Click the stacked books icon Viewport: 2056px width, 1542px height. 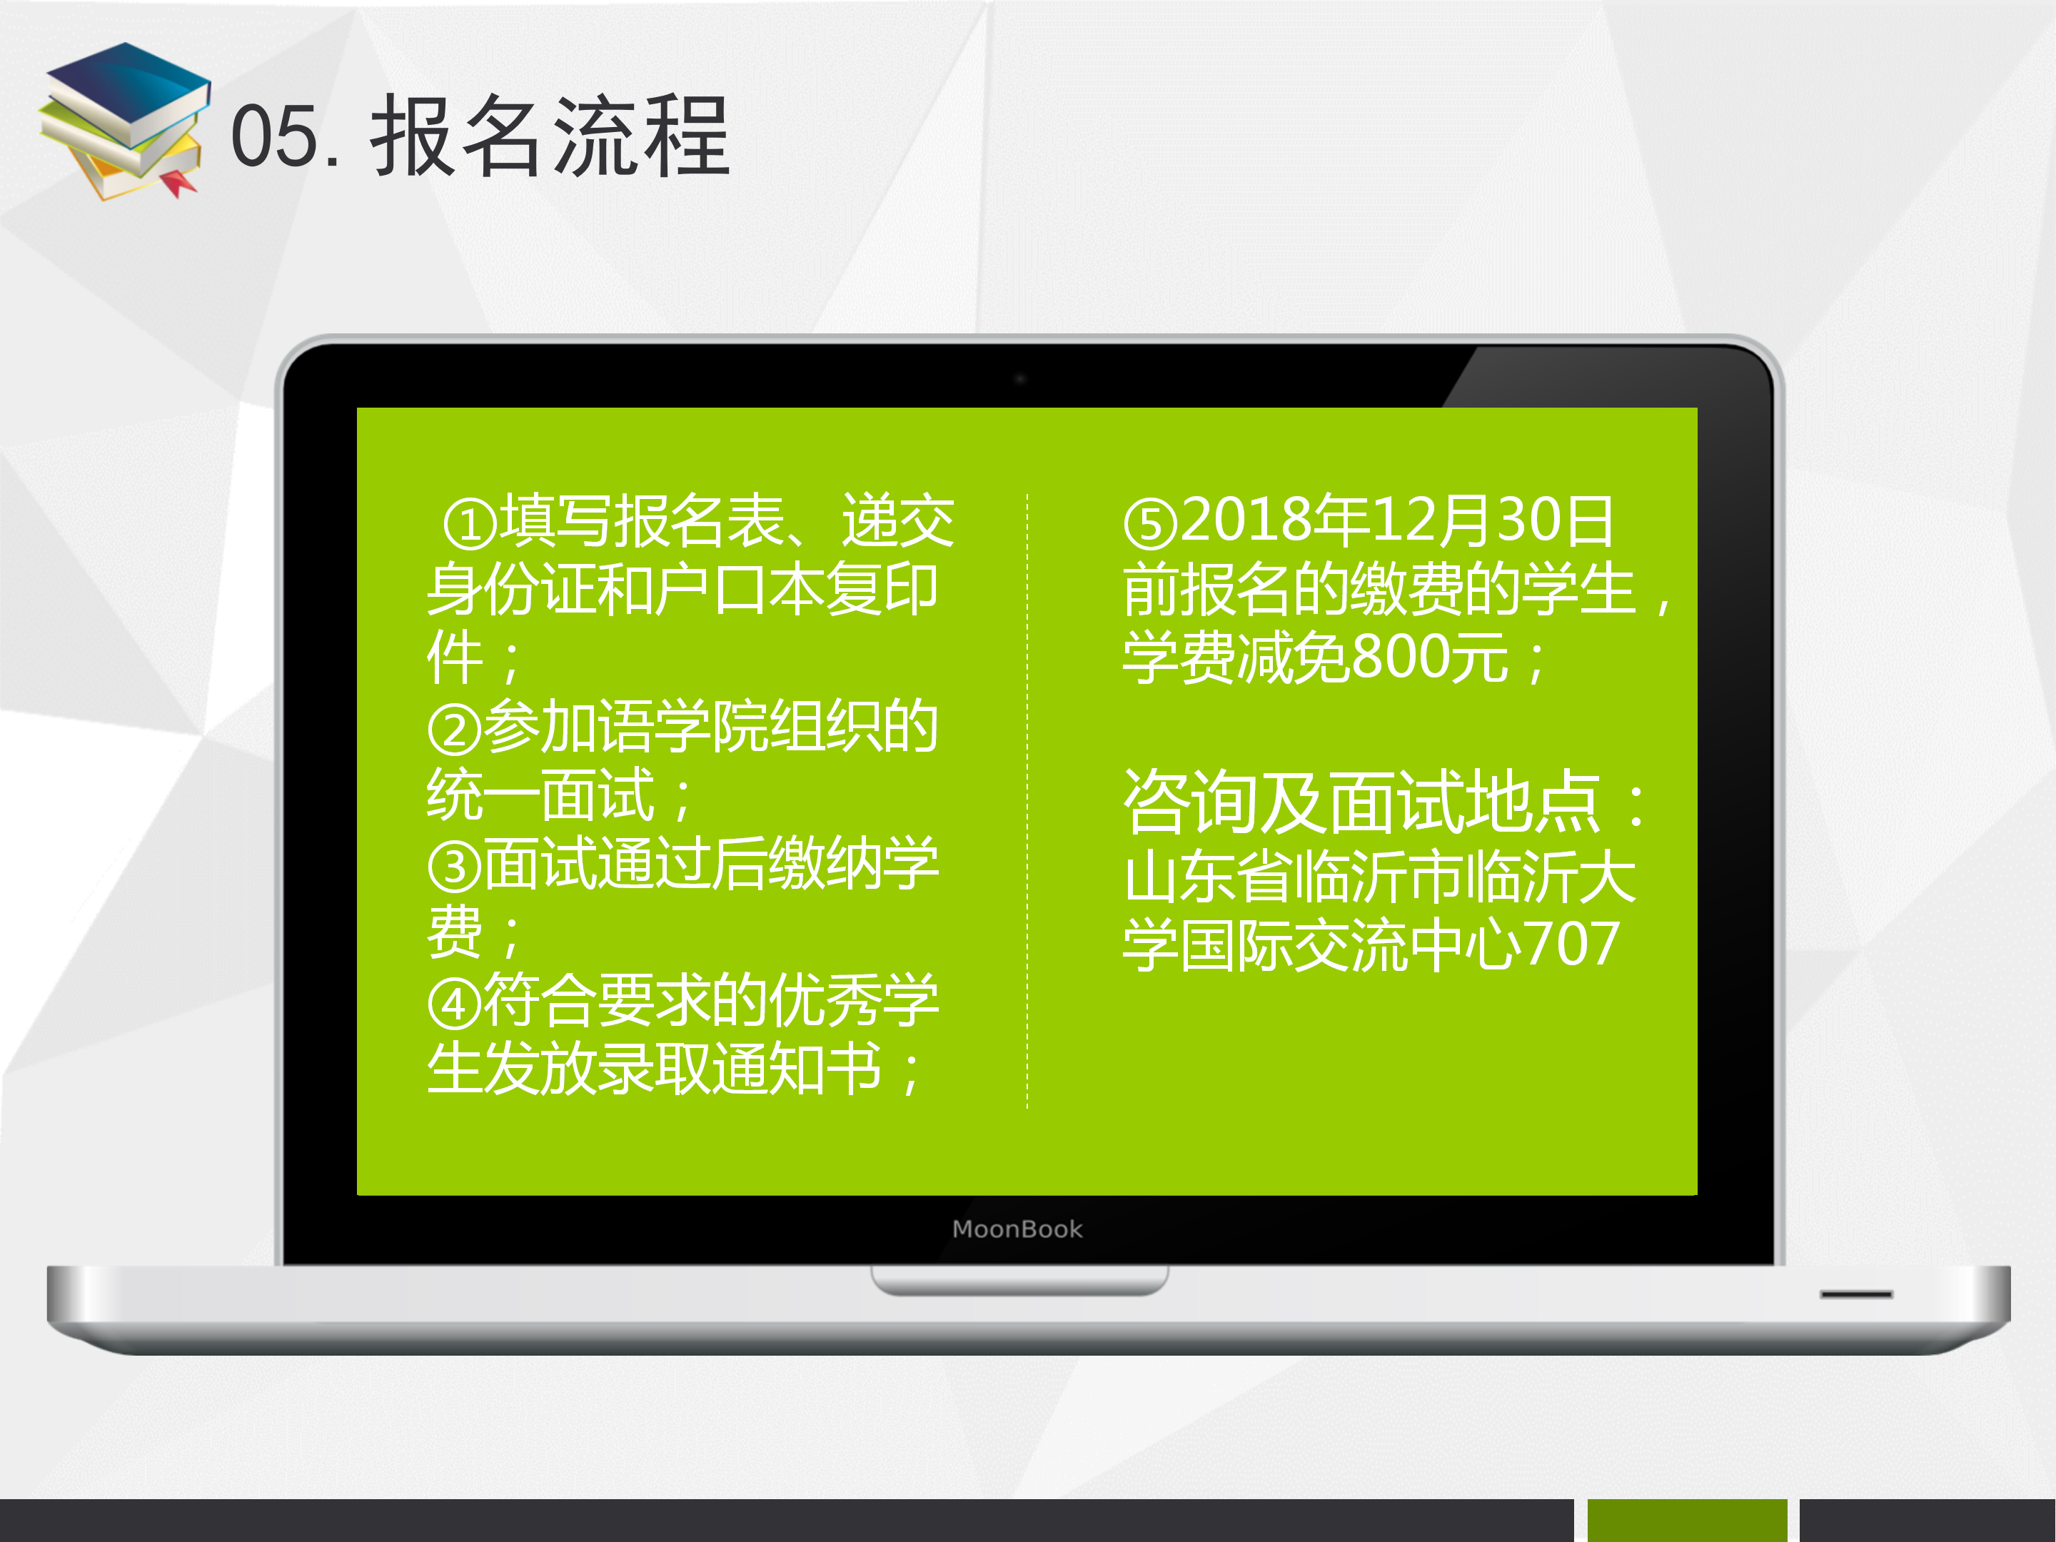(x=124, y=121)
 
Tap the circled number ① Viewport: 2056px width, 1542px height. (x=470, y=524)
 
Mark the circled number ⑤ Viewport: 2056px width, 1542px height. (x=1151, y=524)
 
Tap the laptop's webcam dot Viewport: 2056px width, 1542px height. (x=1019, y=379)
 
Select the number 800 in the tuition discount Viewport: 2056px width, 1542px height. (x=1401, y=657)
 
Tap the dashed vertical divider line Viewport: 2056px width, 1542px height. (x=1027, y=800)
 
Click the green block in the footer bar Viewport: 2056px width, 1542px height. (x=1687, y=1520)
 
